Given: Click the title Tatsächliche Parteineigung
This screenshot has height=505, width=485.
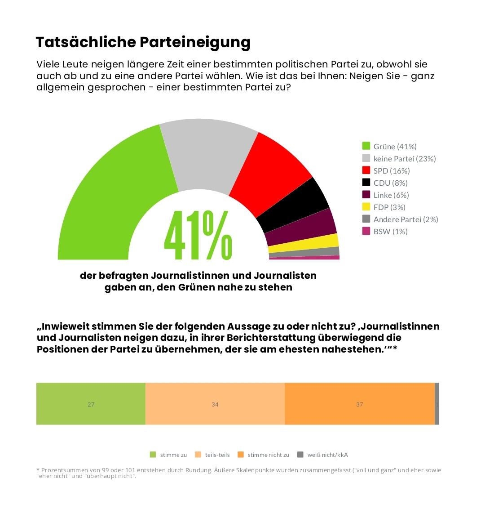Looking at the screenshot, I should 143,42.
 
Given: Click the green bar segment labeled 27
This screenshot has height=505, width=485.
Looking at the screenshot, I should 91,404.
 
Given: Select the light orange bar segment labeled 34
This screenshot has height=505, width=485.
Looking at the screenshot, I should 215,404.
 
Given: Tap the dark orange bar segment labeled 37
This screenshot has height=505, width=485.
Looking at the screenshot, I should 359,404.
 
